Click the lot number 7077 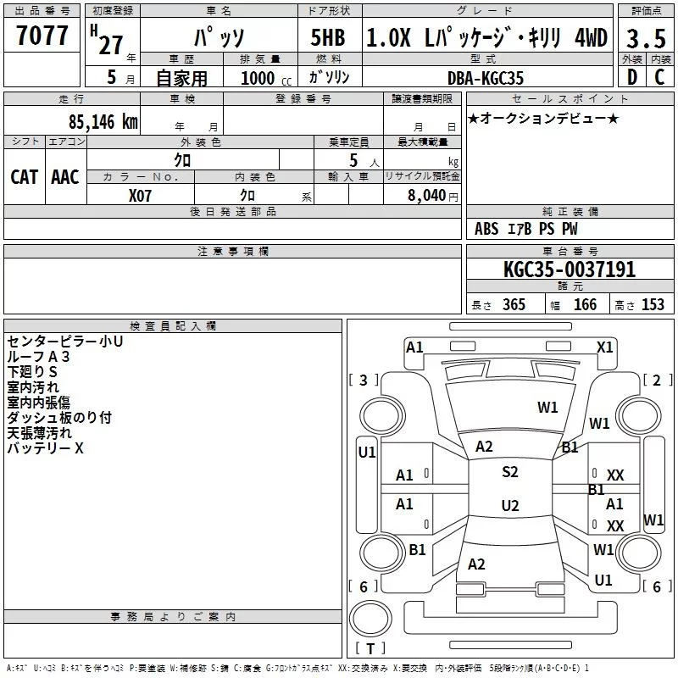pyautogui.click(x=42, y=36)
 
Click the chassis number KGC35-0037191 pyautogui.click(x=569, y=270)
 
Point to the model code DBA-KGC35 pyautogui.click(x=486, y=78)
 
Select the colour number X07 pyautogui.click(x=141, y=194)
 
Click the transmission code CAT pyautogui.click(x=24, y=176)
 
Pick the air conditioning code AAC pyautogui.click(x=64, y=176)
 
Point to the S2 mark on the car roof pyautogui.click(x=509, y=472)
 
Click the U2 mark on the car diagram pyautogui.click(x=509, y=506)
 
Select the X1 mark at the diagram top pyautogui.click(x=604, y=347)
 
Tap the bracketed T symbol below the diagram pyautogui.click(x=370, y=649)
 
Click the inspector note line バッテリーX pyautogui.click(x=45, y=448)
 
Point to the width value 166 pyautogui.click(x=585, y=304)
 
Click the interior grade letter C pyautogui.click(x=659, y=77)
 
